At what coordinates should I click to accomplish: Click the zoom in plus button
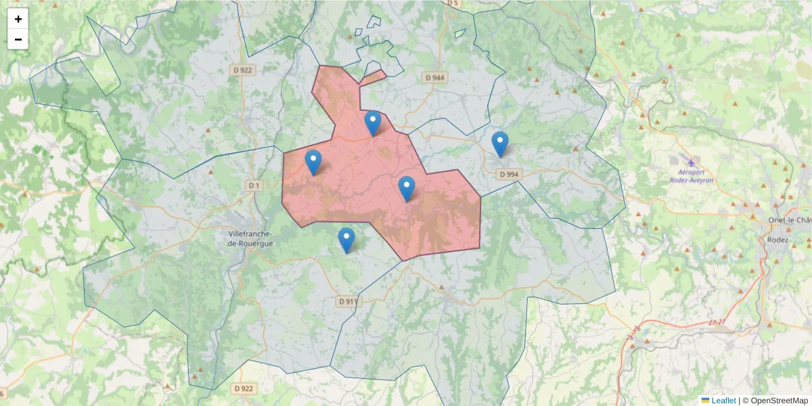click(x=18, y=19)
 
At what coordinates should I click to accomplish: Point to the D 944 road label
click(x=435, y=78)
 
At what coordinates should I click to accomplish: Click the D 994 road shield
click(x=510, y=174)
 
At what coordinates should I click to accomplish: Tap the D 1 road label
click(x=254, y=185)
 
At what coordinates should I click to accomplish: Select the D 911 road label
click(x=348, y=301)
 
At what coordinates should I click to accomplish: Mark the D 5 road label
click(x=452, y=3)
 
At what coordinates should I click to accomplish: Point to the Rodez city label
click(x=777, y=240)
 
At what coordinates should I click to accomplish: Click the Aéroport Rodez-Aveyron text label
click(x=691, y=176)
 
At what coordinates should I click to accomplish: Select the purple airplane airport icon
click(x=691, y=162)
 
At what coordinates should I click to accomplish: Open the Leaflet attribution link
click(x=723, y=401)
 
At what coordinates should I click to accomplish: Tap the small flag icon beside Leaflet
click(x=705, y=401)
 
